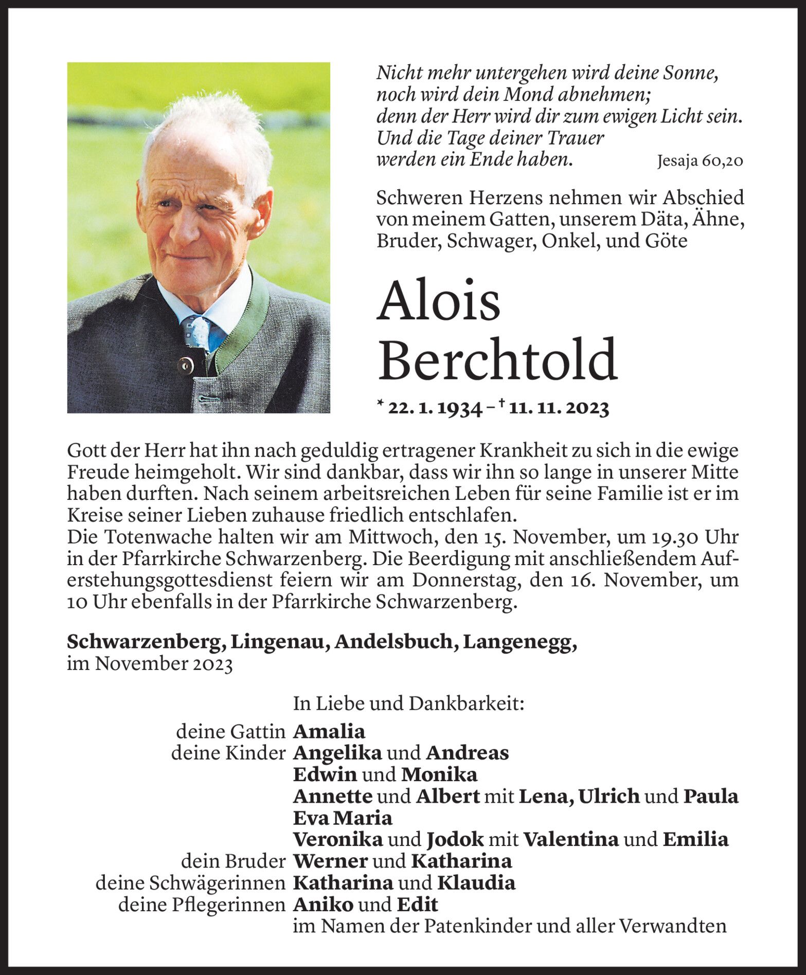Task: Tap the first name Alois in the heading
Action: pyautogui.click(x=438, y=301)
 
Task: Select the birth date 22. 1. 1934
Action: pyautogui.click(x=435, y=408)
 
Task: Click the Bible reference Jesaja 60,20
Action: pyautogui.click(x=700, y=161)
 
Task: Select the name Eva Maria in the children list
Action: pyautogui.click(x=342, y=818)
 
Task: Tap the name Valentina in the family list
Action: pyautogui.click(x=570, y=839)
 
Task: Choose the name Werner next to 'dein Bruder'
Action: pyautogui.click(x=330, y=861)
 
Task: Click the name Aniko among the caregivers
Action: pyautogui.click(x=323, y=904)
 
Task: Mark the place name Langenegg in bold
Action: pyautogui.click(x=520, y=642)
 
